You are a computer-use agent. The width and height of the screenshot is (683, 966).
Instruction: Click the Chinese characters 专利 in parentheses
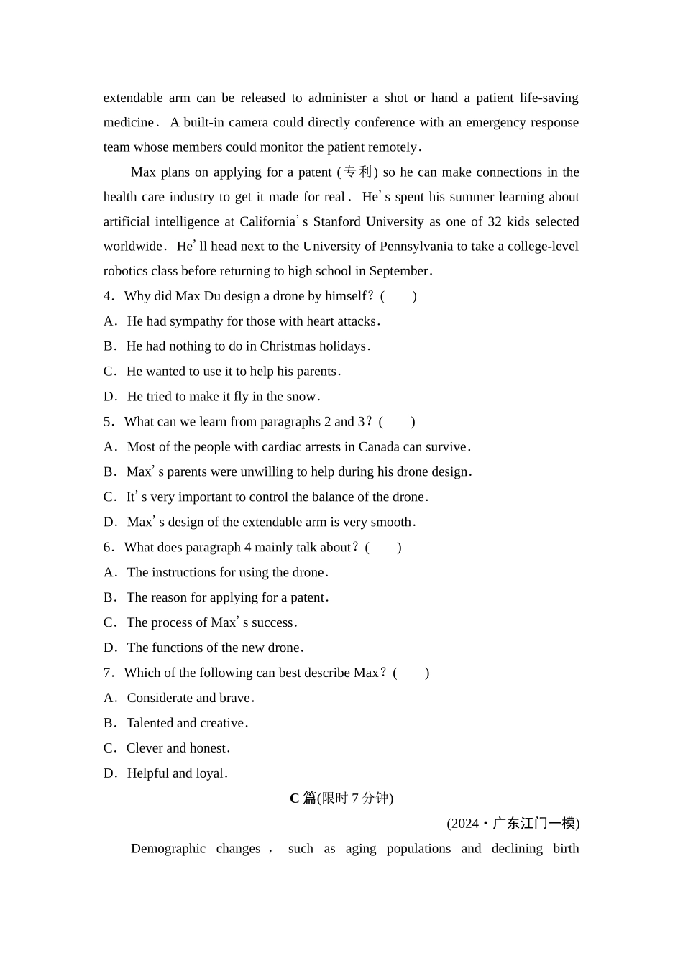coord(357,172)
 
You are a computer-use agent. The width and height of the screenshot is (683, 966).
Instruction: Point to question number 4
coord(108,296)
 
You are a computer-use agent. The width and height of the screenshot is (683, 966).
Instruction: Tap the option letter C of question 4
coord(109,372)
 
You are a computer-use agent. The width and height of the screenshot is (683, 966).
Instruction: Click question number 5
coord(108,422)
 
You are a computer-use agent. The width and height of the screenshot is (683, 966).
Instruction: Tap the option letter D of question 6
coord(109,648)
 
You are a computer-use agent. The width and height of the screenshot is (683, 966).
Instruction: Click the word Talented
coord(150,724)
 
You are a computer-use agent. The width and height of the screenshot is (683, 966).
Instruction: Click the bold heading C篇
coord(303,799)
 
